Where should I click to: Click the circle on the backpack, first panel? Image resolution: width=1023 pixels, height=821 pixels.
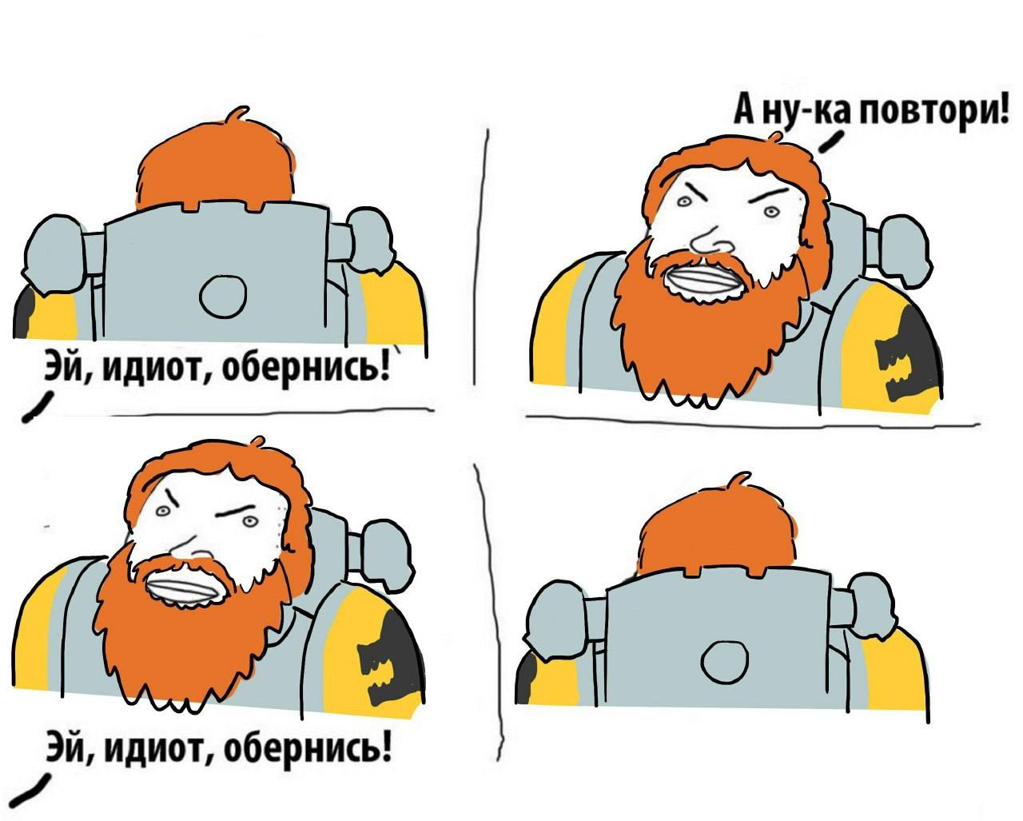(223, 297)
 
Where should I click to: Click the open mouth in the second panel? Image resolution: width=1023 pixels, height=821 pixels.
(699, 282)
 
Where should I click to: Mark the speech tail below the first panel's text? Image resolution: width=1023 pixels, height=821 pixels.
(38, 405)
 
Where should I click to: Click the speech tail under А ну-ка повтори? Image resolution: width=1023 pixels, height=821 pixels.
(830, 141)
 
